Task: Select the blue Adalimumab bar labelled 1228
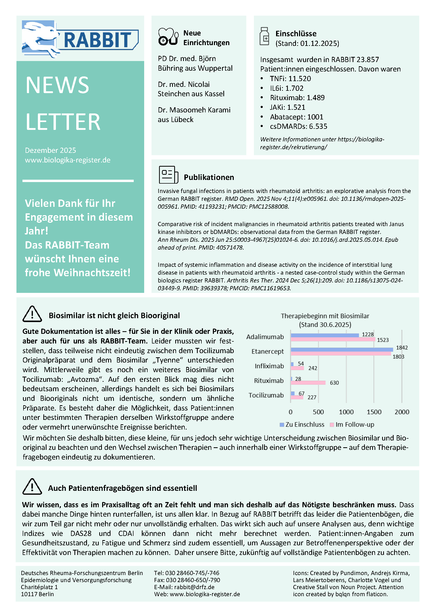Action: point(325,335)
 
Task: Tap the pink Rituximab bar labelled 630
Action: point(308,383)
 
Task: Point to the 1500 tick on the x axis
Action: point(374,412)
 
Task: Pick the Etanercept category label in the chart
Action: point(267,352)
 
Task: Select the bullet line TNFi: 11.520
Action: point(290,79)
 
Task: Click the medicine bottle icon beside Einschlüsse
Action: point(264,37)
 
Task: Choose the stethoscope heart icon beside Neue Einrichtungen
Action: point(168,37)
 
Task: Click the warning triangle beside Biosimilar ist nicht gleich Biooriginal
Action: point(32,314)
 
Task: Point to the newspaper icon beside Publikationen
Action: point(168,174)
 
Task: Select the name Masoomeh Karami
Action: point(200,110)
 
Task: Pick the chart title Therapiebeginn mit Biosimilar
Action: point(325,316)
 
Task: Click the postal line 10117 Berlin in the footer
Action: point(37,594)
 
